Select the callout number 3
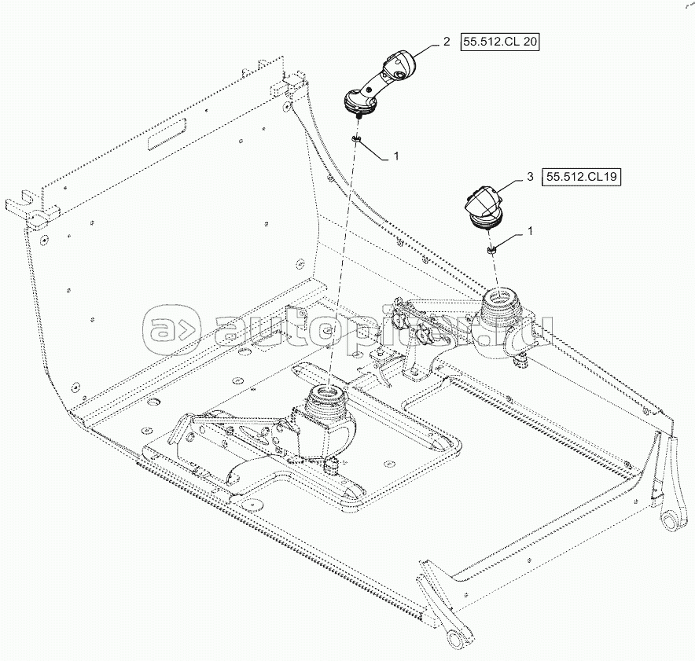(531, 178)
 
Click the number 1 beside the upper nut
(396, 156)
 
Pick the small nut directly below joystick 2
(356, 139)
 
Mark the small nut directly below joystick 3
(492, 249)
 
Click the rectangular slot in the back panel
(166, 138)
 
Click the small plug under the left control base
(331, 465)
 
